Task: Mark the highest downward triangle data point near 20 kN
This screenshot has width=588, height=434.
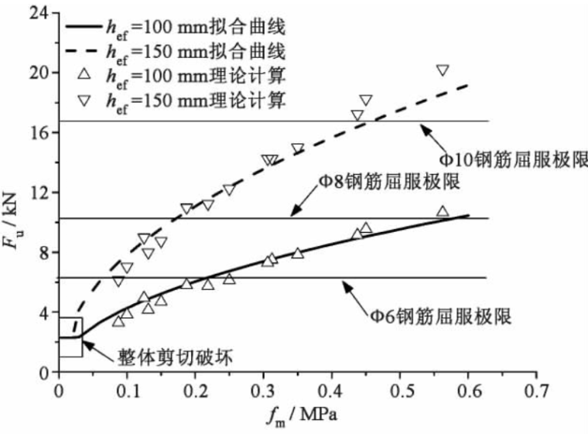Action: pyautogui.click(x=443, y=70)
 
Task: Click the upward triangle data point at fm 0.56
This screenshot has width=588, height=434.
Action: pyautogui.click(x=443, y=211)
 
